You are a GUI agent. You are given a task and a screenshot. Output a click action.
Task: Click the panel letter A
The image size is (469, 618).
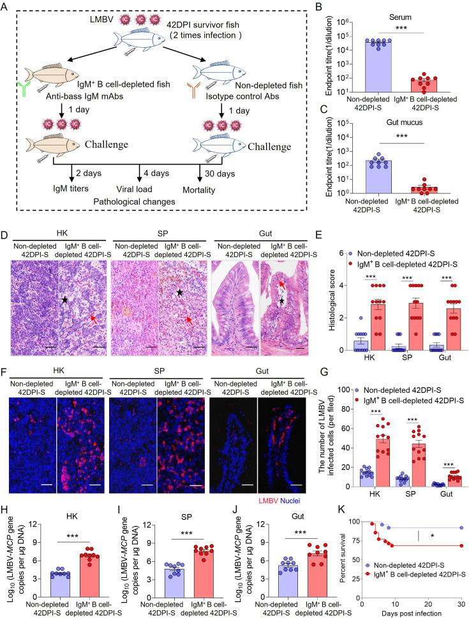click(x=6, y=6)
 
